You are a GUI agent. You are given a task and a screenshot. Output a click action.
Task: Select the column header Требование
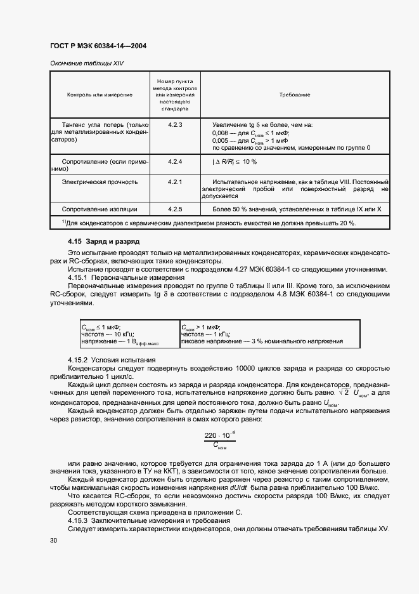click(295, 95)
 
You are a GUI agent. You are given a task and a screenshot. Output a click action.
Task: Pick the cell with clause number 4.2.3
click(175, 125)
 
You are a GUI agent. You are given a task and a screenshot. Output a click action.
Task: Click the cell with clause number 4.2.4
click(175, 162)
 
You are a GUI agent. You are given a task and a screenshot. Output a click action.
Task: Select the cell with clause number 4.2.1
click(175, 181)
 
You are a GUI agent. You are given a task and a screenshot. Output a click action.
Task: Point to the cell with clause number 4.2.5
click(175, 209)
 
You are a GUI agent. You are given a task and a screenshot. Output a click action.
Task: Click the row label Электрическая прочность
click(100, 181)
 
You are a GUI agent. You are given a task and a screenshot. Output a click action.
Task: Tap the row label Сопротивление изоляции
click(99, 209)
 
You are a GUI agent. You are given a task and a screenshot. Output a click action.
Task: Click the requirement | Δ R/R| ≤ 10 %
click(235, 162)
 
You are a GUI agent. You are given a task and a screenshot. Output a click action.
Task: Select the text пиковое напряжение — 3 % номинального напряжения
click(262, 341)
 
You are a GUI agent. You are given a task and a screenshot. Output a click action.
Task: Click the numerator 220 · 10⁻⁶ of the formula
click(220, 435)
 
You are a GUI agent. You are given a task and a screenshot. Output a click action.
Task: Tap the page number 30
click(53, 540)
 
